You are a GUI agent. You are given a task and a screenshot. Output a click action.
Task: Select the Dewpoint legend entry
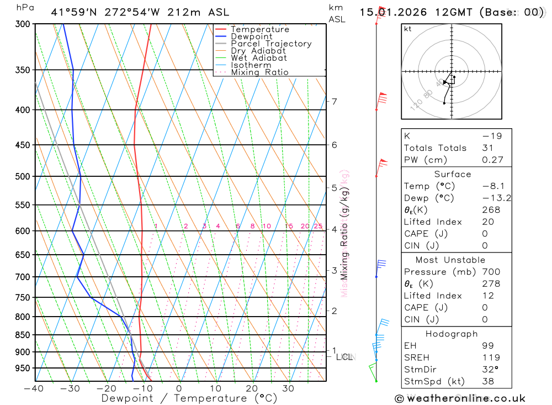251,36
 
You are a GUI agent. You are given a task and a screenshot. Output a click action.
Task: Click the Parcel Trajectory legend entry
271,44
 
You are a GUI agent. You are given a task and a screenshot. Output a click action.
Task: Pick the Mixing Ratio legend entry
259,72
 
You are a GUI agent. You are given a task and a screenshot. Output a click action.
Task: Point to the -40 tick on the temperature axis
34,388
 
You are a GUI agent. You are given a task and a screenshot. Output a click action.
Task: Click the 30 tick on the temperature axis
288,388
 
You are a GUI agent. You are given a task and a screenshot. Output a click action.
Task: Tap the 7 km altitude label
334,101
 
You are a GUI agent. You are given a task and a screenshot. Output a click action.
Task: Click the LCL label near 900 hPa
344,357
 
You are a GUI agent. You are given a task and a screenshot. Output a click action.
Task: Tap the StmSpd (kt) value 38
488,381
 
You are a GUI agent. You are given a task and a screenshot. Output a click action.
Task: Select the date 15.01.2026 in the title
391,12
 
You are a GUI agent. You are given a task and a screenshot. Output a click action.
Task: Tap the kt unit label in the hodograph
408,29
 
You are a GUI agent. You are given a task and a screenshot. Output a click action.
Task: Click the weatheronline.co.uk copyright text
460,398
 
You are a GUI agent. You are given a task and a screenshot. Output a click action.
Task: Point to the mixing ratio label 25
318,226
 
